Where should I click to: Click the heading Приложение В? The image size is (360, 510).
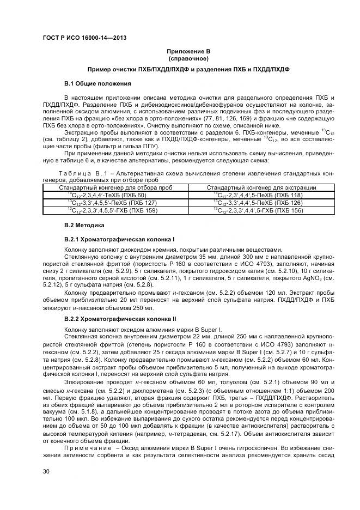(188, 51)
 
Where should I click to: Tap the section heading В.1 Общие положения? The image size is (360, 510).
(97, 83)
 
